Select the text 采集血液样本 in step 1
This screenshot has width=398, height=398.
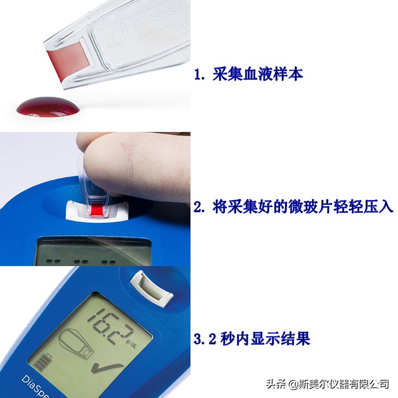click(x=257, y=74)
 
